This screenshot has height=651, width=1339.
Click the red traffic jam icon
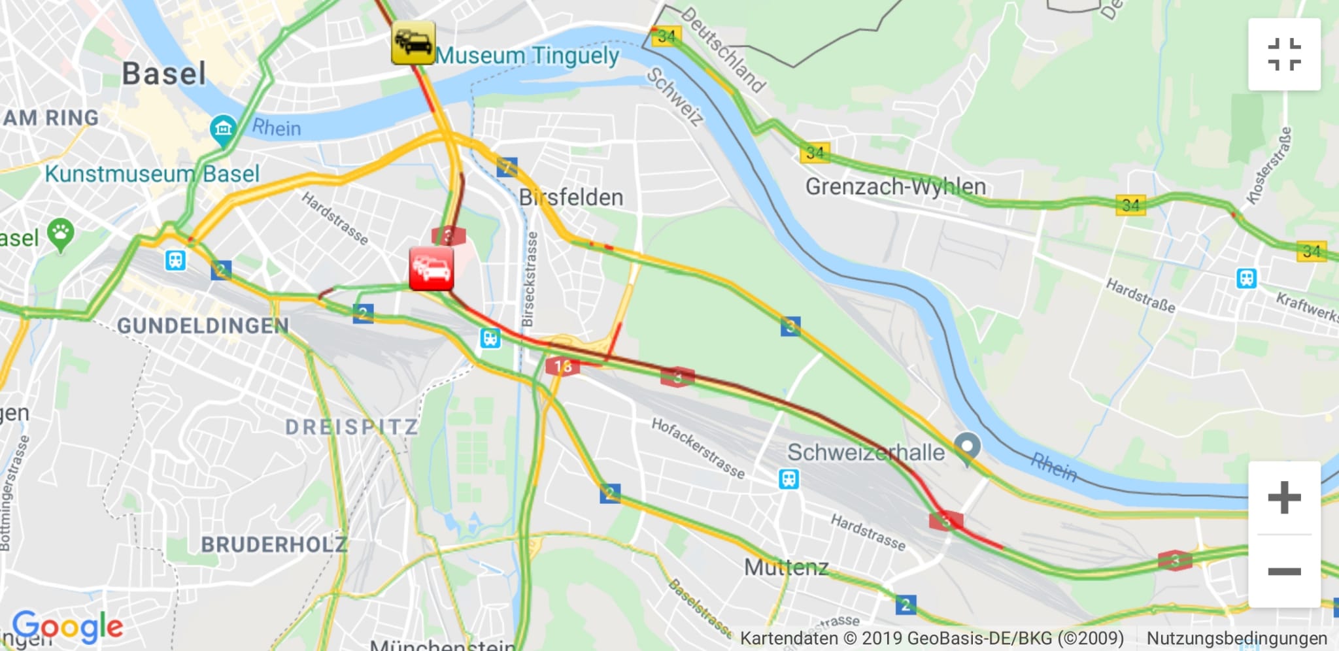432,269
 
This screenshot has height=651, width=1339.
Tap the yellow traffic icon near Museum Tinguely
413,43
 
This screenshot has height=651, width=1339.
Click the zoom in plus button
1284,498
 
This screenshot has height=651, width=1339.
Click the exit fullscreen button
1284,54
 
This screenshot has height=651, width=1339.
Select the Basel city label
164,74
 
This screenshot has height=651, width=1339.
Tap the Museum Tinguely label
527,56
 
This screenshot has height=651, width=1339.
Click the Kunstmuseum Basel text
152,175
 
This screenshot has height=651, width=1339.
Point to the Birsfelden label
571,197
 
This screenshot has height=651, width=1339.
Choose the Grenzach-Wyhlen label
895,187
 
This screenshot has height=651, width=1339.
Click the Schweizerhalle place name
866,452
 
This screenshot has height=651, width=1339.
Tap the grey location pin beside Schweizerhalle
967,448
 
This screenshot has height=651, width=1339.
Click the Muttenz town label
786,567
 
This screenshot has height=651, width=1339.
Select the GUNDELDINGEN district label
203,325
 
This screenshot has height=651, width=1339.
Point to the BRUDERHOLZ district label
274,544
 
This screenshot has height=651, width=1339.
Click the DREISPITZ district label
352,427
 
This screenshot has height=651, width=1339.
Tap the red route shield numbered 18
562,367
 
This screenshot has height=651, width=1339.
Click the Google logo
67,626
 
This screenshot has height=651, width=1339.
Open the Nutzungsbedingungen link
1236,638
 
